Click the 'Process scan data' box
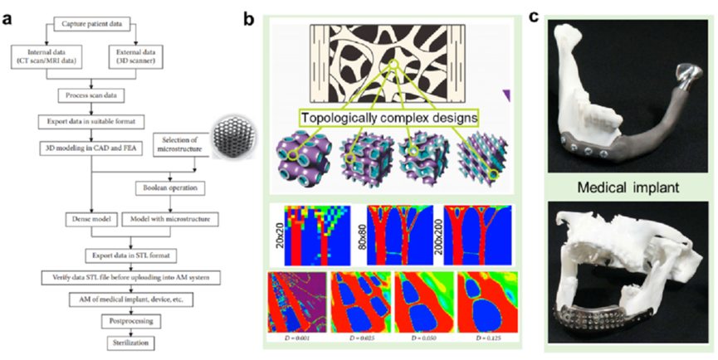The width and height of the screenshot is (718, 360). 91,95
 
